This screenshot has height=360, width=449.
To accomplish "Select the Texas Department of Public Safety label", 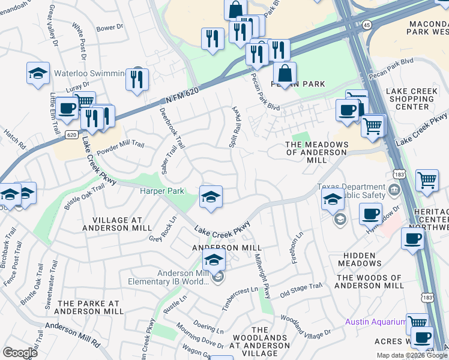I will [352, 191].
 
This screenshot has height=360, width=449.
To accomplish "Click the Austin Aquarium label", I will [375, 322].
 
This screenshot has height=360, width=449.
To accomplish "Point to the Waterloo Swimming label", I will [90, 74].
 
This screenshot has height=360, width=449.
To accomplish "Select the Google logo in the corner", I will [20, 352].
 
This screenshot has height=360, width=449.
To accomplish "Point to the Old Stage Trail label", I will [301, 290].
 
